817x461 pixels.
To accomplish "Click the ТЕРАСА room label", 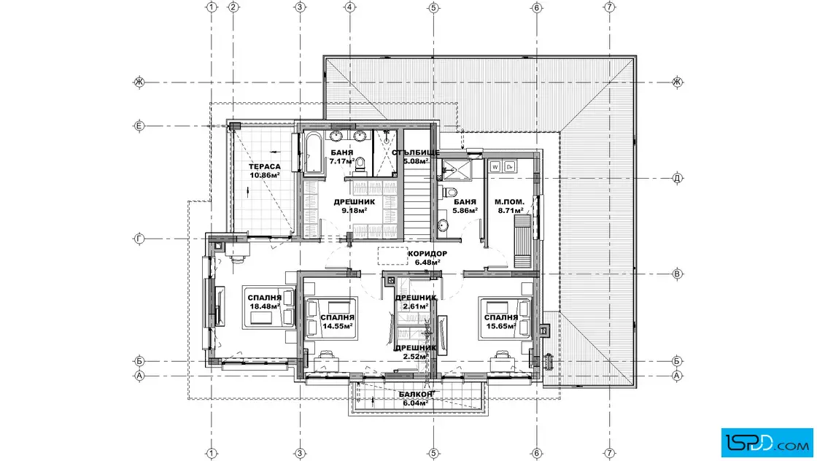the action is coord(264,167).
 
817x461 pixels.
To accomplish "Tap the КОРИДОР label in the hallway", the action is coord(427,254).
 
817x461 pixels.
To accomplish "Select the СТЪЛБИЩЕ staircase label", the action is coord(416,152).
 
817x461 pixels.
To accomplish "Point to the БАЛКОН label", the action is coord(416,395).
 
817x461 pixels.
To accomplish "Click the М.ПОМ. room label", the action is coord(509,201).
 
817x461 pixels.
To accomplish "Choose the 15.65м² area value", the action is coord(500,326).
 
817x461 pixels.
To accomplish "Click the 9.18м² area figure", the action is coord(355,211).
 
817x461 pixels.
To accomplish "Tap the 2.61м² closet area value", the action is coord(416,306).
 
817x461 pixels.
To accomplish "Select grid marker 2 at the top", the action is coord(233,7).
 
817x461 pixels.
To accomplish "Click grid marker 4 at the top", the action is coord(350,7).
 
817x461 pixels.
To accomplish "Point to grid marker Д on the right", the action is coord(678,178).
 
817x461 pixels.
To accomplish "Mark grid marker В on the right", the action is coord(678,274).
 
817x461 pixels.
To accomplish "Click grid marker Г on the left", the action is coord(139,239).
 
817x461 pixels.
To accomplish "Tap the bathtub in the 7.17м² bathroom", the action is coord(313,153).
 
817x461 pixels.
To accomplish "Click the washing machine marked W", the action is coord(495,167).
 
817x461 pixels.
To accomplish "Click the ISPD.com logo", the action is coord(767,443).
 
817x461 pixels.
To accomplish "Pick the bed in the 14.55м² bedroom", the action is coord(330,318).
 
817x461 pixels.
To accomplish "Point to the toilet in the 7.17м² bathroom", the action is coord(360,166).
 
